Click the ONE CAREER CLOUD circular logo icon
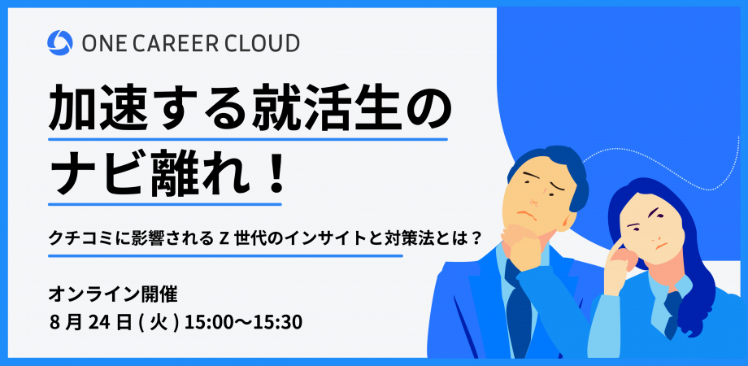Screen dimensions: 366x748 (x=59, y=42)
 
